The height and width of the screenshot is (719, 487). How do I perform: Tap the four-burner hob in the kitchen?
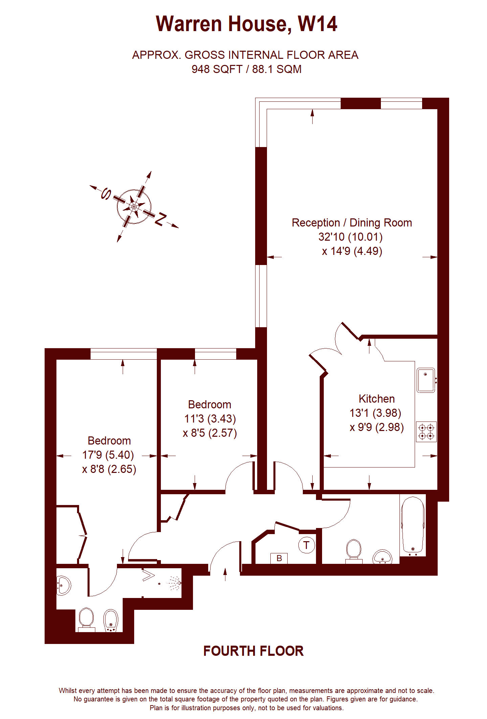pos(426,432)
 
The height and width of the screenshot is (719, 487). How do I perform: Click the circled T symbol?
pos(307,545)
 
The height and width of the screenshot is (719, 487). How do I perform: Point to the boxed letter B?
pos(279,558)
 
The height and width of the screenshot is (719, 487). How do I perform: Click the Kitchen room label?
pos(376,399)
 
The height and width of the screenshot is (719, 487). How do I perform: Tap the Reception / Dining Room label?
pos(352,223)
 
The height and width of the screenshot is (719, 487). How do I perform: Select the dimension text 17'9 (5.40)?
pos(108,455)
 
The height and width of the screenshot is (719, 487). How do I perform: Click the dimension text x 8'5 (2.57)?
pos(210,433)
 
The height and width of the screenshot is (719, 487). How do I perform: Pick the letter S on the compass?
pos(106,194)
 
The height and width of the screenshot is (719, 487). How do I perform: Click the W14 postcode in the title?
pos(317,24)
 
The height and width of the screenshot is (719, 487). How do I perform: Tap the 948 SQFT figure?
pos(217,69)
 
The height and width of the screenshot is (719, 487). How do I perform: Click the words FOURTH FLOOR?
pos(253,651)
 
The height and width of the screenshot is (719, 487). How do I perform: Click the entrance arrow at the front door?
pos(225,574)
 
